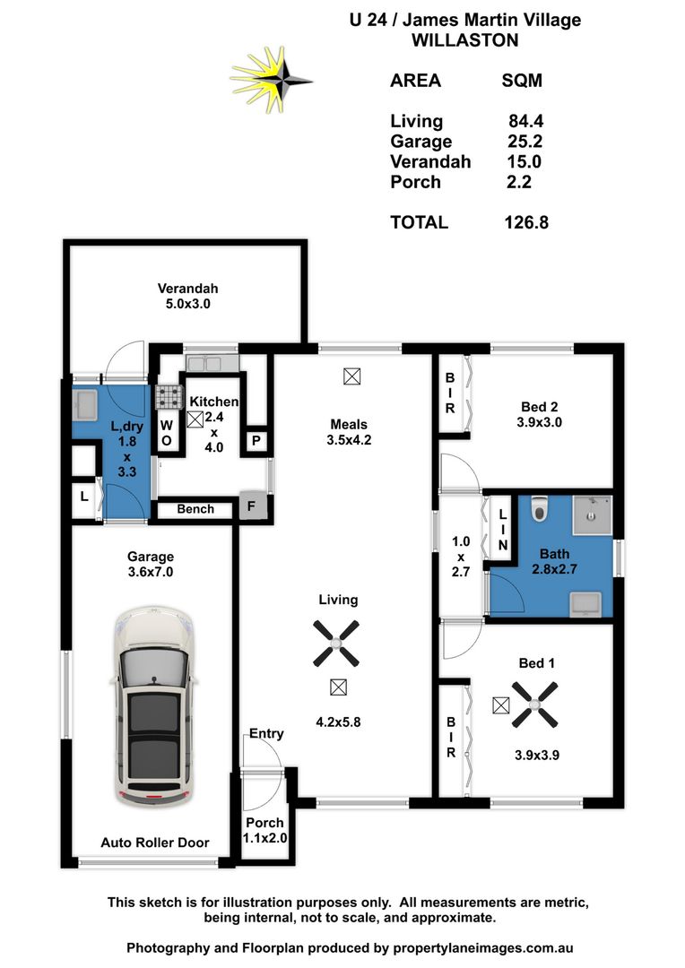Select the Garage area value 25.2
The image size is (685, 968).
[x=525, y=142]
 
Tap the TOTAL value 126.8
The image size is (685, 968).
[x=525, y=222]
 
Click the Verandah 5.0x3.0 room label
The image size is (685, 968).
[x=188, y=296]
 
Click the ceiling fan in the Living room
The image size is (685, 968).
[x=336, y=643]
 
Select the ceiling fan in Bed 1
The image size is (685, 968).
[x=534, y=704]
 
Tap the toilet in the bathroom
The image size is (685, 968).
[x=538, y=509]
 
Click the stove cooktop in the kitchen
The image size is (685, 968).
[x=168, y=397]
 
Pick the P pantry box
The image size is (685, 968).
[x=256, y=440]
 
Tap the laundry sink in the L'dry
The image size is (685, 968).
[x=87, y=405]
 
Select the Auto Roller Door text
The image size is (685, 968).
[x=155, y=843]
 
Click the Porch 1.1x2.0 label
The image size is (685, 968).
[x=264, y=830]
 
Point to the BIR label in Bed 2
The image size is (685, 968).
[x=450, y=393]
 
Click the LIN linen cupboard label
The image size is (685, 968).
[x=503, y=529]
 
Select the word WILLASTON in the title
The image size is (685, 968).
[x=464, y=40]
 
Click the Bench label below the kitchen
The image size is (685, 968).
[x=195, y=509]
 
